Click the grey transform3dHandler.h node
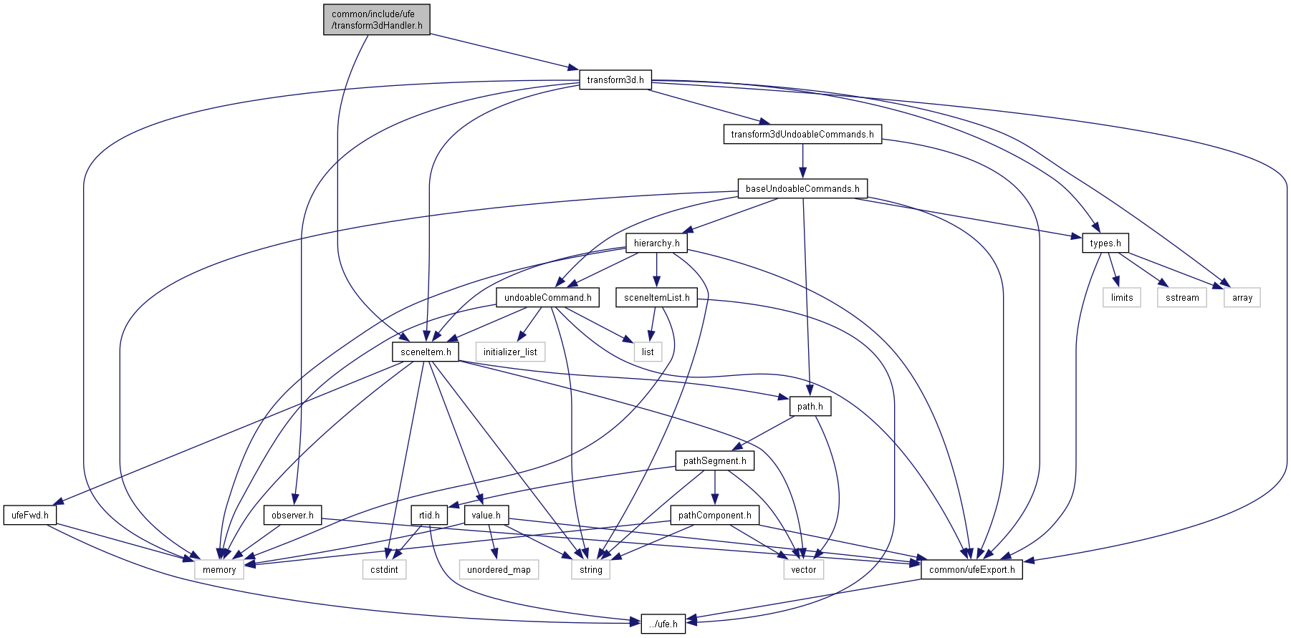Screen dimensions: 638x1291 (x=376, y=19)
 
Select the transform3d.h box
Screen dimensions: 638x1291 (x=615, y=79)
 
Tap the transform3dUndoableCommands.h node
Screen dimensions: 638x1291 (x=802, y=134)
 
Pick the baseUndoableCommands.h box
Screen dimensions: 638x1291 (x=802, y=189)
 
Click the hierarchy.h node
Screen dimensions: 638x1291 (x=656, y=243)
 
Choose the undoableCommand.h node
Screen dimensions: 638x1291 (x=547, y=297)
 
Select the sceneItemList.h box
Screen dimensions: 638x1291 (x=656, y=297)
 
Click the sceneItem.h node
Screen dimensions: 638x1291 (x=426, y=352)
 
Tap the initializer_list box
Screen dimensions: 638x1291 (x=510, y=352)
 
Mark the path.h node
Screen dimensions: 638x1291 (x=810, y=406)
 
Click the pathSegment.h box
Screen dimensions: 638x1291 (x=714, y=460)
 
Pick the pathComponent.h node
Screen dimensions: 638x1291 (x=714, y=515)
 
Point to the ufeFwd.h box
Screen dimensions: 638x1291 (x=30, y=515)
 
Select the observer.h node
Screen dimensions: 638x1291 (x=292, y=515)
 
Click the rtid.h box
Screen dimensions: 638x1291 (x=429, y=515)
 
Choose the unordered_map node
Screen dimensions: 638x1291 (x=499, y=569)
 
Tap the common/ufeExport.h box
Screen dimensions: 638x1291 (x=971, y=569)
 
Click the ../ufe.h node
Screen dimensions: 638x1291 (x=663, y=624)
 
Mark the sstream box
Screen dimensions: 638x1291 (x=1181, y=297)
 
